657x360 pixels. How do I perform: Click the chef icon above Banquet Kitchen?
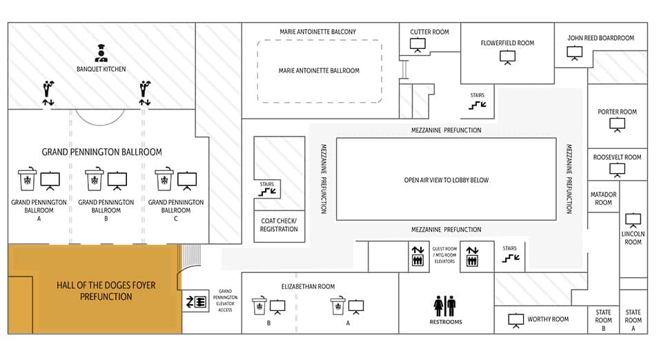tap(101, 53)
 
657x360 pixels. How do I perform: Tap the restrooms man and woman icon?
tap(445, 306)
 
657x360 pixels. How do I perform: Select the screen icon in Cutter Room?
tap(418, 45)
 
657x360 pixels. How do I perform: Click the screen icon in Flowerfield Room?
tap(507, 57)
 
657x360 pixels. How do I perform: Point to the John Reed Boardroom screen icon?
tap(574, 52)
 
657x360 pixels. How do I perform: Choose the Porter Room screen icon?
tap(617, 125)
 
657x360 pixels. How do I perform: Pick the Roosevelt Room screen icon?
tap(617, 170)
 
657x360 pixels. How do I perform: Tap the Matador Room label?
tap(603, 199)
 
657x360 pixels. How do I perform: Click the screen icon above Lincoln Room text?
tap(633, 220)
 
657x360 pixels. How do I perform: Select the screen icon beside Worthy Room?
tap(516, 321)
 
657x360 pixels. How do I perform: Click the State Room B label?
tap(603, 320)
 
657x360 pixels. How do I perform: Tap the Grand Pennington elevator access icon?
tap(196, 301)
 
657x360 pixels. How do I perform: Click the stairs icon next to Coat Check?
tap(267, 192)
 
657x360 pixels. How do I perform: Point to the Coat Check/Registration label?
tap(279, 225)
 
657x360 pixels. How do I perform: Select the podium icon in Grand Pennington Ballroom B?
tap(95, 179)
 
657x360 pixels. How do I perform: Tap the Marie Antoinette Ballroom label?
tap(319, 71)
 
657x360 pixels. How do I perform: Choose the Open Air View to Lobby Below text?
tap(447, 180)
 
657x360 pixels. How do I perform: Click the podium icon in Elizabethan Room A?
tap(338, 305)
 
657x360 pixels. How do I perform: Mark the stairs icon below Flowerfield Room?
tap(478, 106)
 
